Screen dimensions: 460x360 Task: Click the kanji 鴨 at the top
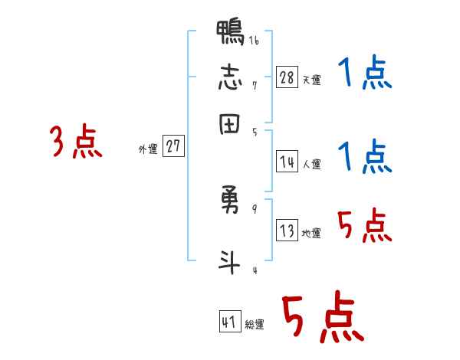point(231,33)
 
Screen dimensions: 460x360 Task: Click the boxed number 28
point(287,77)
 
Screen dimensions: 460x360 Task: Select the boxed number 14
point(287,162)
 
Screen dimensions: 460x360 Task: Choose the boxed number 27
point(174,147)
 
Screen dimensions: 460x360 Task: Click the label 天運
point(311,80)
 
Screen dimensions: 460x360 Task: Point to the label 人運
point(311,164)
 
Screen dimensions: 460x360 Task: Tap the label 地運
point(311,234)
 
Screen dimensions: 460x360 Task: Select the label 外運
point(148,149)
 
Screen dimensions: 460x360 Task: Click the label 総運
point(255,325)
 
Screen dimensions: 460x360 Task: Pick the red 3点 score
point(76,142)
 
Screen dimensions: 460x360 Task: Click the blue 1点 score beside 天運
point(365,75)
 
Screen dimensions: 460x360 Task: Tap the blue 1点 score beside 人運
point(365,157)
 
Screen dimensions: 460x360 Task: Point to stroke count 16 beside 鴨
point(253,41)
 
